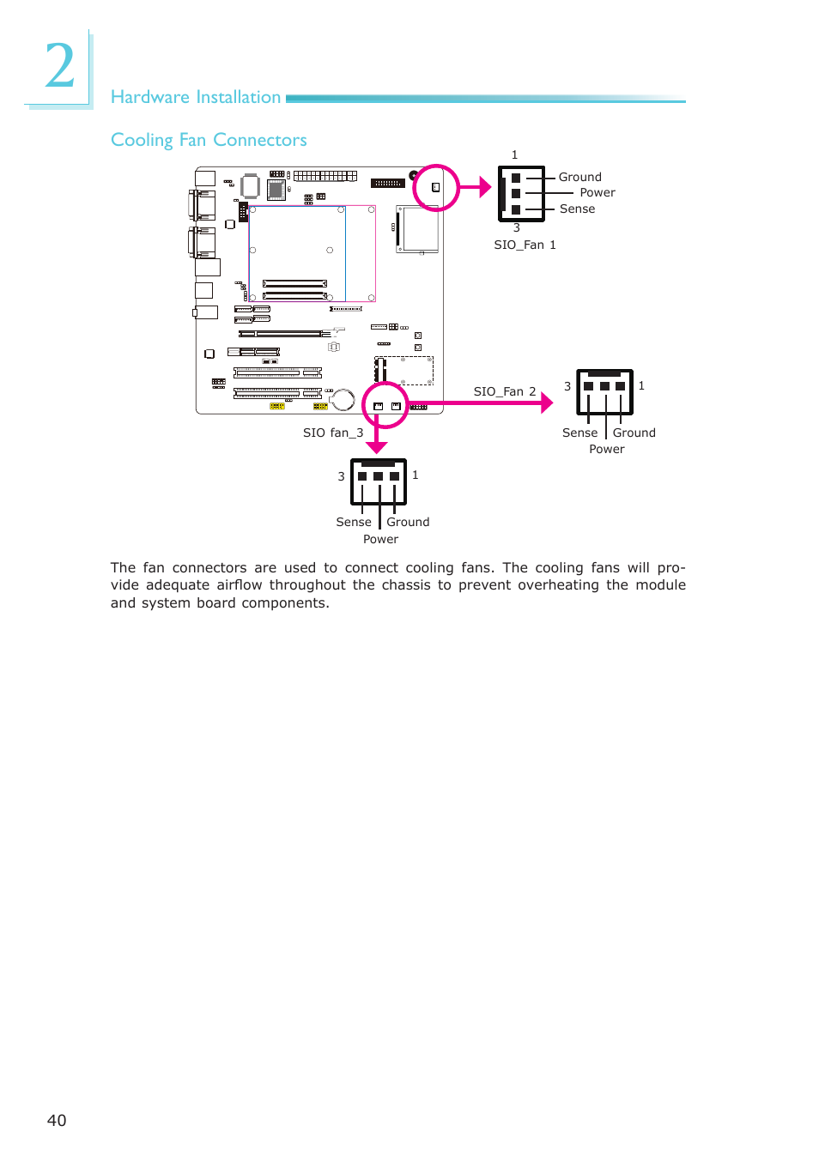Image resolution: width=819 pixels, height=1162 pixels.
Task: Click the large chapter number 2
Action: (60, 65)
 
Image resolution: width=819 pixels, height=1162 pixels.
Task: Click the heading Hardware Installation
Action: (196, 97)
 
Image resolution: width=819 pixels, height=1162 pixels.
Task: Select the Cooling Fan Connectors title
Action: (209, 140)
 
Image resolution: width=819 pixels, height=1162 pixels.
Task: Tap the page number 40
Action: (57, 1120)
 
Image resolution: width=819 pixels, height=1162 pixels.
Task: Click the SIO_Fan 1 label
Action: (525, 245)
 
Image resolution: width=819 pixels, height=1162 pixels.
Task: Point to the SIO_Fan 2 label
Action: (505, 391)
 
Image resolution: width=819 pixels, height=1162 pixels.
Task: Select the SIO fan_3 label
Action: (333, 433)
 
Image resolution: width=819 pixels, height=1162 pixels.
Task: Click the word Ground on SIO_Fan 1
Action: (579, 177)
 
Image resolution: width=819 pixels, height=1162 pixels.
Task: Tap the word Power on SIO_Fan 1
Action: (598, 192)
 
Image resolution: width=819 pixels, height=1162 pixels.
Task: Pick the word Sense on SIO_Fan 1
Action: (577, 209)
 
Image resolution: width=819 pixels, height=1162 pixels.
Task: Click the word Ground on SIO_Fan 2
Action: (634, 433)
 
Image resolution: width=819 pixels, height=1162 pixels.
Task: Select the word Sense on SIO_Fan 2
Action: (579, 433)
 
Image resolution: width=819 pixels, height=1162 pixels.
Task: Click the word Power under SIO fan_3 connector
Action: (380, 539)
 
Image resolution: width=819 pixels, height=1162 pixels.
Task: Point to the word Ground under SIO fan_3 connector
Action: (408, 522)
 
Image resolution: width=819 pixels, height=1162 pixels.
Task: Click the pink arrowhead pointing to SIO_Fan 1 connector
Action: (485, 187)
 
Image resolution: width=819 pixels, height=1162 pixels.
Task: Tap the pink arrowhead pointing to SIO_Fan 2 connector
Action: (547, 402)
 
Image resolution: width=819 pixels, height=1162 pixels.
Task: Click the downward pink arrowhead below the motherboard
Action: (377, 447)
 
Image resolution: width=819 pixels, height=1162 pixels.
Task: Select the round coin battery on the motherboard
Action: (343, 400)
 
